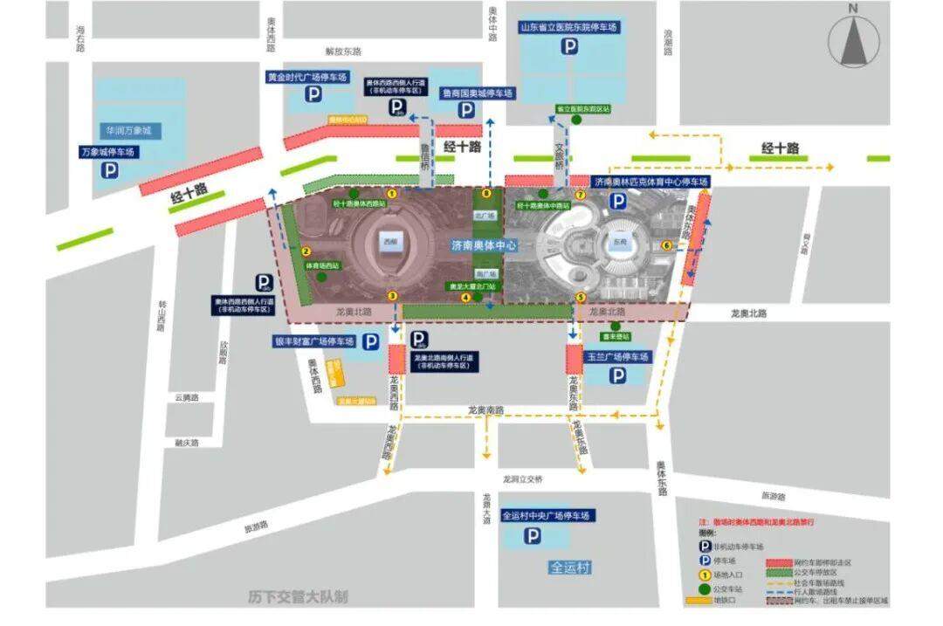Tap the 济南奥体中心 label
(x=485, y=245)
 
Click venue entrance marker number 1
(x=392, y=194)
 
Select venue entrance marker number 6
(x=667, y=245)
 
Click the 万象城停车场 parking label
(x=110, y=152)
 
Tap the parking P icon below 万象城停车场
(x=110, y=172)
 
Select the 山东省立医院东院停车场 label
(x=569, y=28)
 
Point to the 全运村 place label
(x=570, y=568)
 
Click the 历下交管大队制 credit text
(x=297, y=597)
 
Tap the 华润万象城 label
(x=129, y=130)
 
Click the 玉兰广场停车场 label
(x=617, y=357)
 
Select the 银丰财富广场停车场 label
(x=314, y=341)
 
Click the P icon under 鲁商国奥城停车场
(x=467, y=110)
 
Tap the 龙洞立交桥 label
(x=522, y=479)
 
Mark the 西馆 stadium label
(x=388, y=238)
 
